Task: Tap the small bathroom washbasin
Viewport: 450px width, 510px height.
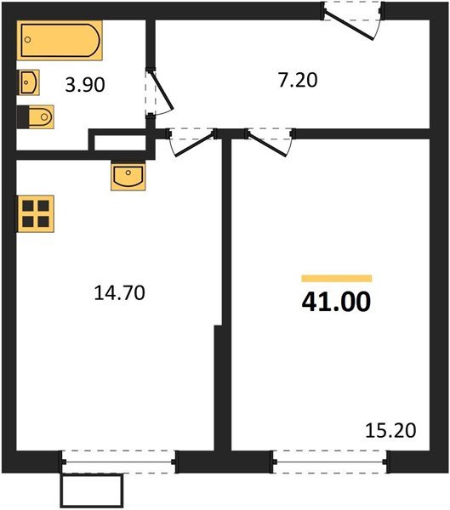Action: [28, 83]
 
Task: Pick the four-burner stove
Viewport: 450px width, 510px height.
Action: [36, 212]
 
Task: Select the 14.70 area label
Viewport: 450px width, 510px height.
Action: [119, 294]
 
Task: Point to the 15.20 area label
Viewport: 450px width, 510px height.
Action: [393, 431]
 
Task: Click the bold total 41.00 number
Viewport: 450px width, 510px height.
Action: [336, 303]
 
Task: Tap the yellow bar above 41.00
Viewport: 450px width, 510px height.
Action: [337, 278]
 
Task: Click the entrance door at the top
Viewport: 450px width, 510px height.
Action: [351, 18]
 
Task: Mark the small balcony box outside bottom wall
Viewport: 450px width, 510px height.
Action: [92, 490]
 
